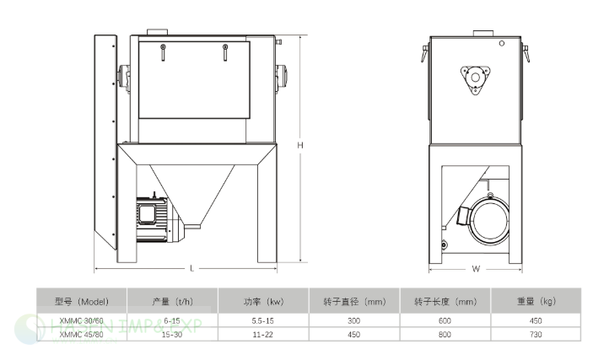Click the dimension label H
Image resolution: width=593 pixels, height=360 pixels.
[x=299, y=145]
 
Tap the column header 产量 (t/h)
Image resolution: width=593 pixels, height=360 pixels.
[x=172, y=300]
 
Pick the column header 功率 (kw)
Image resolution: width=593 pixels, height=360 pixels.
[x=263, y=300]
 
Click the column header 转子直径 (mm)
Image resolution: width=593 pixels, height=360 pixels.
[x=354, y=300]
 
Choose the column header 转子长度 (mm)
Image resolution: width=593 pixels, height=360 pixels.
[x=445, y=300]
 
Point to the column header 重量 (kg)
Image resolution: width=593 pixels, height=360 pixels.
[x=536, y=300]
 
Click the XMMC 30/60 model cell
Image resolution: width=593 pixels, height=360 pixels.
[x=82, y=320]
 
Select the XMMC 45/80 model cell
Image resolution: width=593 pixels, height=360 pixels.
[x=82, y=335]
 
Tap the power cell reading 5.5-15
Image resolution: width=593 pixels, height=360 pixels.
[x=263, y=320]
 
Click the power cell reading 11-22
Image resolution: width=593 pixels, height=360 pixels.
[x=263, y=335]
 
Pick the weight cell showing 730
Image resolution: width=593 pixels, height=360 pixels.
[x=536, y=335]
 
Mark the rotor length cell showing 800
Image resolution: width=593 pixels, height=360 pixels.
[x=445, y=335]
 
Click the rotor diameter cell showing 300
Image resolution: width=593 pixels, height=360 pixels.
[x=354, y=320]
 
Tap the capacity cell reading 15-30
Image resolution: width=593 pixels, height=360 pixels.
[x=172, y=335]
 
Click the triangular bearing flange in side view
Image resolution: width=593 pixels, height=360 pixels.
[x=476, y=79]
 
